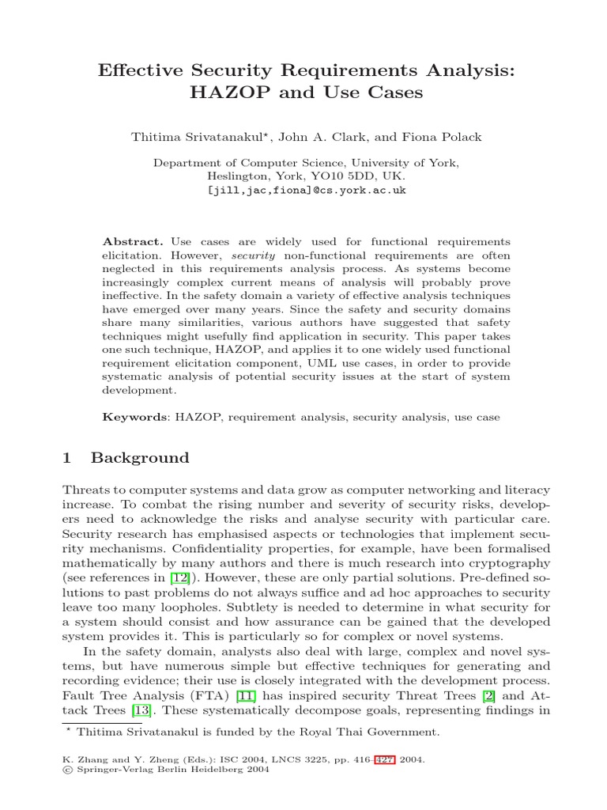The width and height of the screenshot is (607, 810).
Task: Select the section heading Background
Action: [x=140, y=458]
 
